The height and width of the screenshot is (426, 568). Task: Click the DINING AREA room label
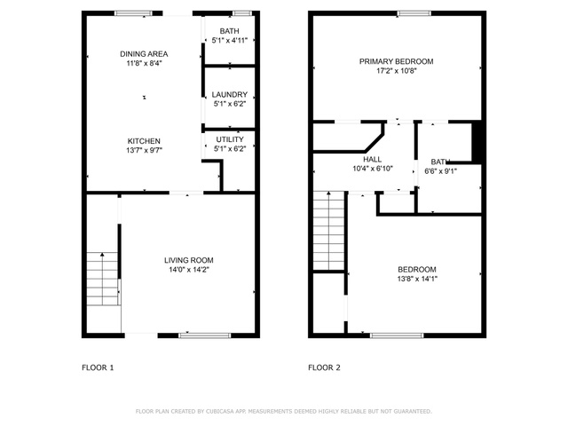pyautogui.click(x=144, y=54)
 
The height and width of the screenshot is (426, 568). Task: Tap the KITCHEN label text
pyautogui.click(x=144, y=141)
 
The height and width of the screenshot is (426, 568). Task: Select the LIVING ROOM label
pyautogui.click(x=189, y=260)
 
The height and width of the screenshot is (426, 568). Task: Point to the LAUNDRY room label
pyautogui.click(x=230, y=95)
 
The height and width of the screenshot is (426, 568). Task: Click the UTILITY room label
pyautogui.click(x=230, y=139)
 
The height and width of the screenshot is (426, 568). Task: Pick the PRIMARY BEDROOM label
pyautogui.click(x=397, y=61)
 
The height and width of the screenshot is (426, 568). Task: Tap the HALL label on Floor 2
pyautogui.click(x=373, y=160)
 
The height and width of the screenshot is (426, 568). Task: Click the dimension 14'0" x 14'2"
pyautogui.click(x=189, y=270)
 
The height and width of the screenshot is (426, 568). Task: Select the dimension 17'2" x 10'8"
pyautogui.click(x=397, y=71)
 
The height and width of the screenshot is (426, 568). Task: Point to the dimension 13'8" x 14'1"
pyautogui.click(x=417, y=279)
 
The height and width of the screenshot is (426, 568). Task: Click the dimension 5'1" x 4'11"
pyautogui.click(x=230, y=41)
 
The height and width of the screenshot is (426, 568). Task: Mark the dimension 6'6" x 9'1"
pyautogui.click(x=440, y=171)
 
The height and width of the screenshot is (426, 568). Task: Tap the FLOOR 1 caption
pyautogui.click(x=98, y=367)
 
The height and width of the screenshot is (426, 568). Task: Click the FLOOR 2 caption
pyautogui.click(x=324, y=367)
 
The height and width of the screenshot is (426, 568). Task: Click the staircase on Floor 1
pyautogui.click(x=103, y=279)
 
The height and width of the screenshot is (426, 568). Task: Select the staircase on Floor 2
pyautogui.click(x=328, y=231)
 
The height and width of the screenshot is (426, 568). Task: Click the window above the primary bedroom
pyautogui.click(x=414, y=13)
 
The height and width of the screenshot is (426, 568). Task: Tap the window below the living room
pyautogui.click(x=205, y=335)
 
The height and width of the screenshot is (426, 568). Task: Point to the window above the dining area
pyautogui.click(x=133, y=13)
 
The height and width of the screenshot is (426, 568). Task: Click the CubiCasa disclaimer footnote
pyautogui.click(x=284, y=412)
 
